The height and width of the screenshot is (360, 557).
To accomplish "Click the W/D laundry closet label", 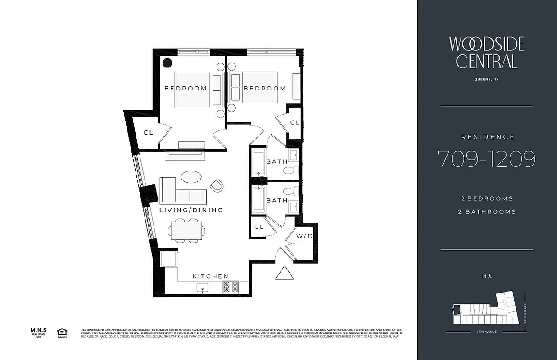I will coord(303,236).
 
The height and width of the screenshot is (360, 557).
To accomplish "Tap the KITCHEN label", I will coord(210,276).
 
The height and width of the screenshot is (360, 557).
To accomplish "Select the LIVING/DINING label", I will coord(191,210).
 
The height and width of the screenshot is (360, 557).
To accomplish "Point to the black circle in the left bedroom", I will coord(167,63).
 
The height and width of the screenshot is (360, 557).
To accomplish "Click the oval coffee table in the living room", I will coord(191,176).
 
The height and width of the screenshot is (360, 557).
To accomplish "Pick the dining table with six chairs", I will coord(187,230).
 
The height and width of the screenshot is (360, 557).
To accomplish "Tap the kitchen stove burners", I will coord(231,287).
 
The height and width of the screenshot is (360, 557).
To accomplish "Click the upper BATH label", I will coord(277,162).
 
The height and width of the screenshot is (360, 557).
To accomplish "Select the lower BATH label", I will coord(277,200).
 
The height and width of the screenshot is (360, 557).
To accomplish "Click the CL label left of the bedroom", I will coord(149,132).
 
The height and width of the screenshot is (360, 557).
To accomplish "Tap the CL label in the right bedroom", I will coord(294,122).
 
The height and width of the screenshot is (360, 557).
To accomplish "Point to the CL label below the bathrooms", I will coord(259,227).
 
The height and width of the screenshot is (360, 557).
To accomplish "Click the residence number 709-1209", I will coord(486,158).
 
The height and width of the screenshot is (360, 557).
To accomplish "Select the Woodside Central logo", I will coord(486,53).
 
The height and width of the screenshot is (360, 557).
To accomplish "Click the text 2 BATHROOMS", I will coord(486,211).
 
